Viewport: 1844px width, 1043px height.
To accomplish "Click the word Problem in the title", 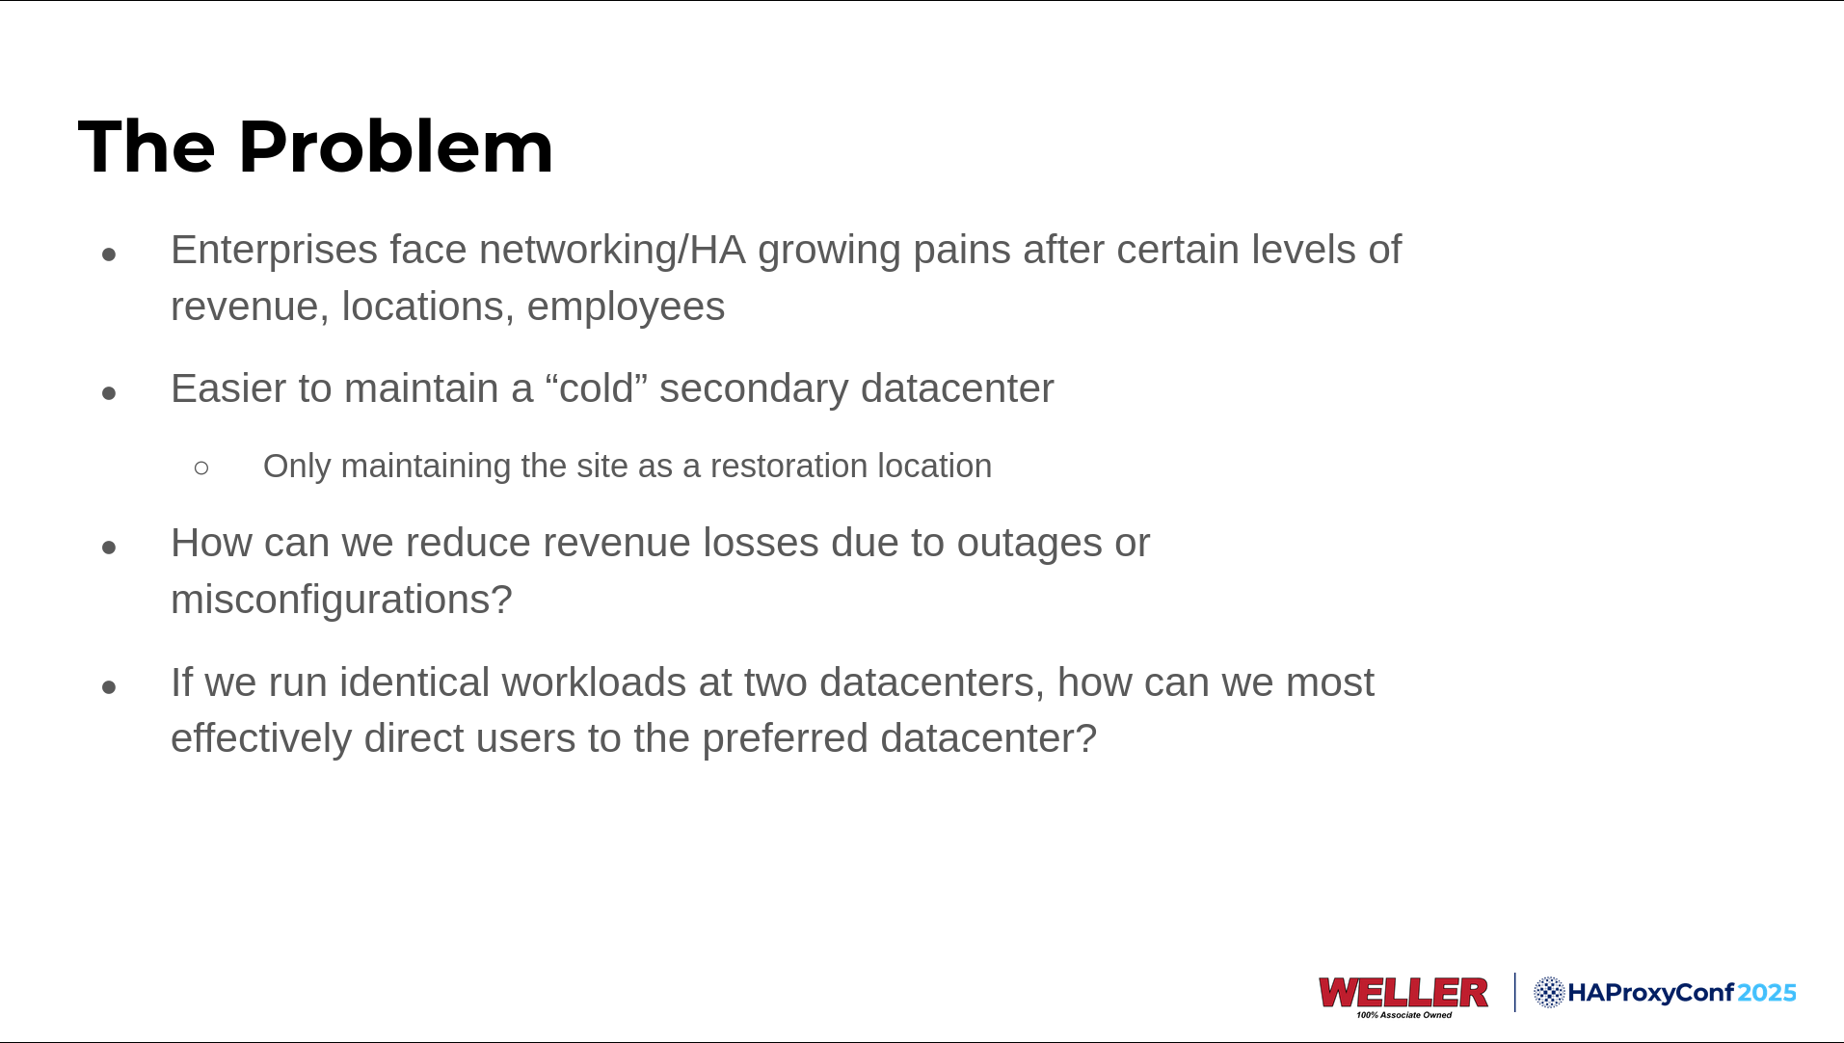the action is pyautogui.click(x=395, y=147).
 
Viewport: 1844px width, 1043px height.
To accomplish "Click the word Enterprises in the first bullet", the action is pyautogui.click(x=274, y=251).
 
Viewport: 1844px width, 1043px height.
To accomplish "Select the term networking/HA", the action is pyautogui.click(x=612, y=251).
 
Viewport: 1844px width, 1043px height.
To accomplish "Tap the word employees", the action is pyautogui.click(x=626, y=308).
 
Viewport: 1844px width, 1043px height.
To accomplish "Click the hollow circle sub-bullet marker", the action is pyautogui.click(x=201, y=468).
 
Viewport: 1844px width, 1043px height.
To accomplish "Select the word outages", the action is pyautogui.click(x=1029, y=544).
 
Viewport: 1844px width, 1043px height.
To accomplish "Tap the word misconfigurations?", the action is pyautogui.click(x=341, y=600).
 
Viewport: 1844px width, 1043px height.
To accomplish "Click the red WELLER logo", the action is pyautogui.click(x=1403, y=992).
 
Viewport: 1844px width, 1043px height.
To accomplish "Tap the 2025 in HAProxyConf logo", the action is pyautogui.click(x=1767, y=993).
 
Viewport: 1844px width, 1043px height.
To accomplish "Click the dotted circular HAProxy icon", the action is pyautogui.click(x=1549, y=992).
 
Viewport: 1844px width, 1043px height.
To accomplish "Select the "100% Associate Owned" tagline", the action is pyautogui.click(x=1403, y=1015).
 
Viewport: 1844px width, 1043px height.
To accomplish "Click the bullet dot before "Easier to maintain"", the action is pyautogui.click(x=109, y=393).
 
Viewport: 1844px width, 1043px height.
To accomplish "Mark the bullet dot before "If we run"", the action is pyautogui.click(x=109, y=687).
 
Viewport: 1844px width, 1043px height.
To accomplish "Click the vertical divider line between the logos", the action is pyautogui.click(x=1514, y=992).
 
